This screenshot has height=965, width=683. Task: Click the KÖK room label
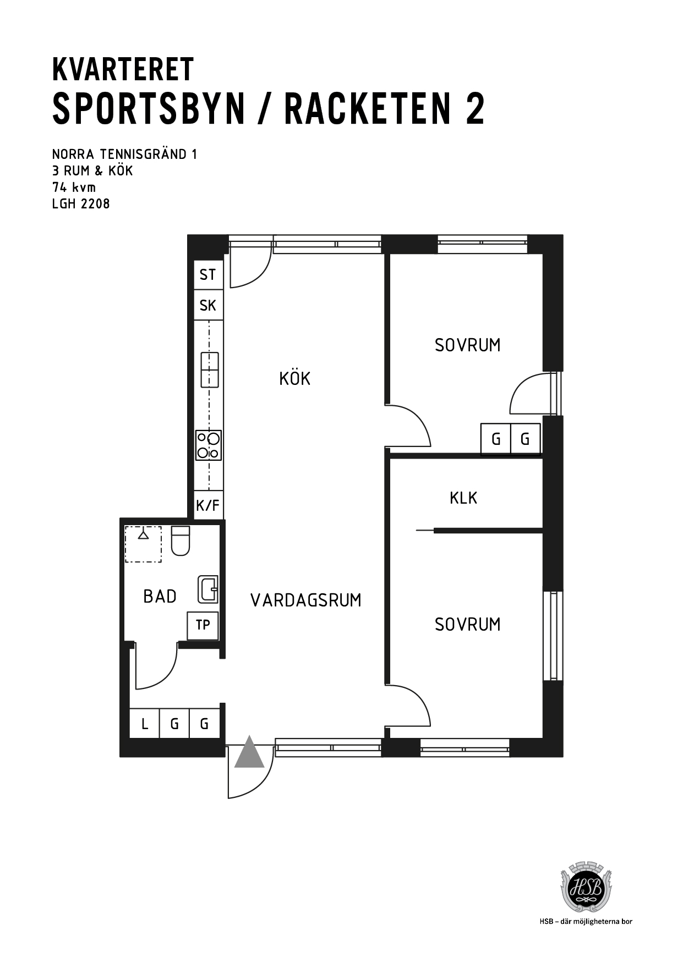[295, 378]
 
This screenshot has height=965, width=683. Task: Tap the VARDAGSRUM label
[306, 600]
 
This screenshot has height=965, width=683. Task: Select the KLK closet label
[463, 498]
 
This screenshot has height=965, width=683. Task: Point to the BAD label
[160, 596]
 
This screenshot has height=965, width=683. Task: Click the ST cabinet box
[208, 274]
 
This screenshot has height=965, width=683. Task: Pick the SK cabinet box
[208, 305]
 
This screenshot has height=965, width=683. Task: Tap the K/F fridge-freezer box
[209, 505]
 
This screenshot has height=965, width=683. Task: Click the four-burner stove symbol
[209, 445]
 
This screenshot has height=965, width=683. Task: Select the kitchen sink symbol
[209, 370]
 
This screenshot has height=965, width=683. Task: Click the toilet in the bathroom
[181, 541]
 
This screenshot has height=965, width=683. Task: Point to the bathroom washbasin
[208, 589]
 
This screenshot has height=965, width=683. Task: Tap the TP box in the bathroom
[203, 625]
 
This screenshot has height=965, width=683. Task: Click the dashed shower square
[143, 544]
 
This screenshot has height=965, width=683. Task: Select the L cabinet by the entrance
[144, 723]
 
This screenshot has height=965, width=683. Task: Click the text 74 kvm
[74, 187]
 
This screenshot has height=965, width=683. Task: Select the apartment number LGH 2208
[81, 203]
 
